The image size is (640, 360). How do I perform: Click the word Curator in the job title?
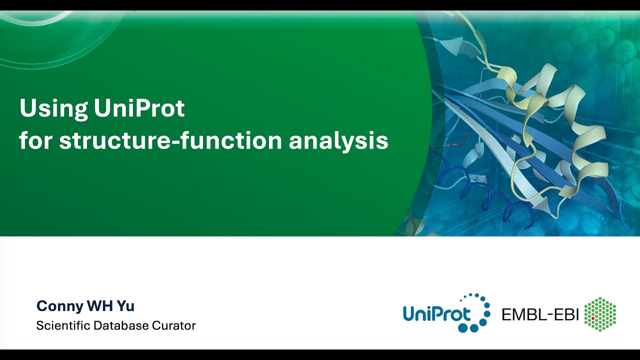[174, 325]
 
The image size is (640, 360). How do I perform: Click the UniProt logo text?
[437, 314]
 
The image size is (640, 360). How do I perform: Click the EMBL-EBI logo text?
[540, 314]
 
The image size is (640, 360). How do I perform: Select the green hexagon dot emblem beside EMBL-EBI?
[600, 314]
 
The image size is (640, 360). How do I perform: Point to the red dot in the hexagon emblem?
[593, 318]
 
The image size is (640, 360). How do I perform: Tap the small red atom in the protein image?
[459, 143]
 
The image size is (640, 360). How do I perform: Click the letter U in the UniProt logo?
[411, 314]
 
